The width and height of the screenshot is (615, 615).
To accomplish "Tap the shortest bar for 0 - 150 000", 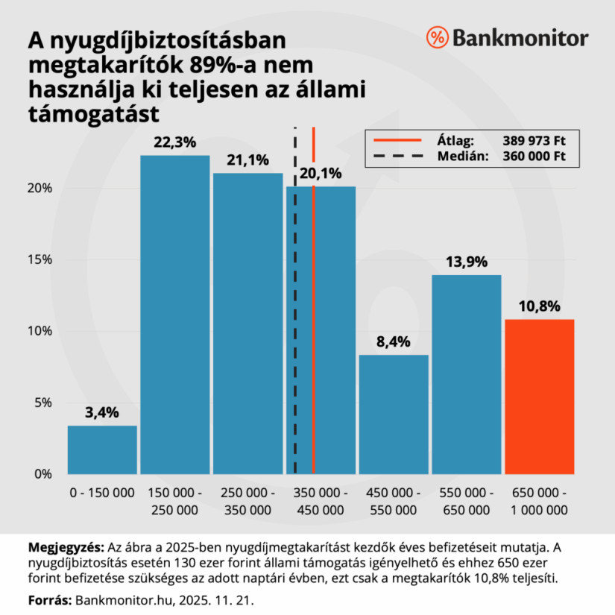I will (102, 450).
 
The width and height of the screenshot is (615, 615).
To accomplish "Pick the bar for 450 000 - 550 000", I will (394, 414).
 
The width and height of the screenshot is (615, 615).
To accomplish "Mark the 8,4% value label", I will (394, 343).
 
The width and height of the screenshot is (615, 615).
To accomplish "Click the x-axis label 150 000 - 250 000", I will (175, 502).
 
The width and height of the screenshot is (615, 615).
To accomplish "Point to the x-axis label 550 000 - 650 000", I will (467, 502).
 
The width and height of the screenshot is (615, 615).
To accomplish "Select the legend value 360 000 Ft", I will (539, 157).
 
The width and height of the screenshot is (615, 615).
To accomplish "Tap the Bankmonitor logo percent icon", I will (437, 37).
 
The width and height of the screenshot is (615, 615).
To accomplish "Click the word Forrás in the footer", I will (48, 599).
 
